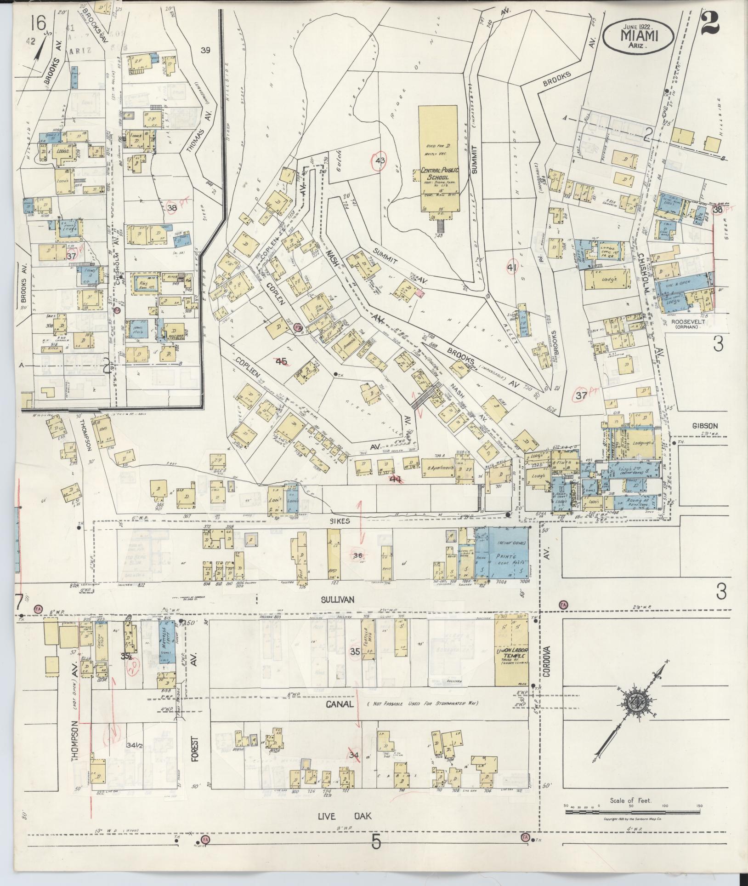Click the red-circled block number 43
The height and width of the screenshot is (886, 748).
[x=380, y=160]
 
